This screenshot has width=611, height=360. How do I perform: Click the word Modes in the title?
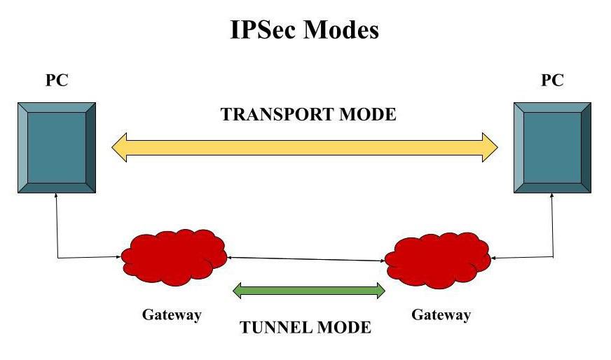342,30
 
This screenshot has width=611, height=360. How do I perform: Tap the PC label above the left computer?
57,81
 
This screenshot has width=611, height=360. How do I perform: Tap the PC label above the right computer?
552,81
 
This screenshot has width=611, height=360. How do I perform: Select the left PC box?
57,147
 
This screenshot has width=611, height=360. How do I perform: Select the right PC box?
552,147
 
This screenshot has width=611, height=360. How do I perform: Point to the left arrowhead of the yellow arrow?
119,147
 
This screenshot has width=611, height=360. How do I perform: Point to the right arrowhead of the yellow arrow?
490,147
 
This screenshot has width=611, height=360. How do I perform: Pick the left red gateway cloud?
173,256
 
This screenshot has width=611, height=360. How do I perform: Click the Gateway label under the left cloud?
172,314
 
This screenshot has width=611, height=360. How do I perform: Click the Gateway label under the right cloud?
441,314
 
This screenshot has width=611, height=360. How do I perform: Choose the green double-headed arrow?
309,291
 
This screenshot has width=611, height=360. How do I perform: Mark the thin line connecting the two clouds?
305,259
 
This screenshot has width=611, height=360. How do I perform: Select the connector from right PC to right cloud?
553,238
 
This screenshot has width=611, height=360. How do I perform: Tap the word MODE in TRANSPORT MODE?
371,114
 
